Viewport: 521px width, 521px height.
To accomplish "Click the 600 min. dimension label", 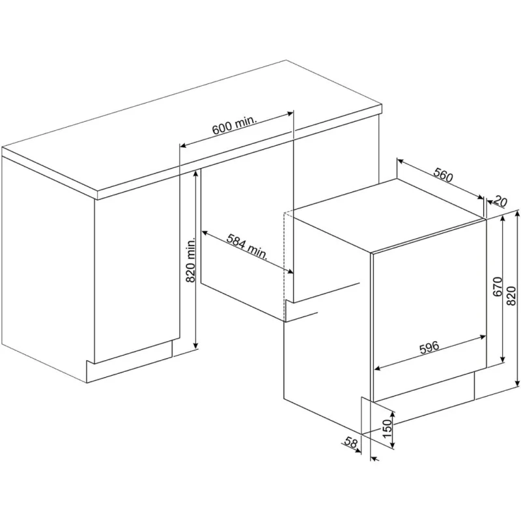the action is tap(235, 125).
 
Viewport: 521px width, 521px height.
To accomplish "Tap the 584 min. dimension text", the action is tap(247, 247).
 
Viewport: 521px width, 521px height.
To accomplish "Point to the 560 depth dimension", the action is tap(444, 175).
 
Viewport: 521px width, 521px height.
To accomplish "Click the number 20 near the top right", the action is tap(500, 201).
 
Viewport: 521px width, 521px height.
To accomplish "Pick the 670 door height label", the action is tap(497, 287).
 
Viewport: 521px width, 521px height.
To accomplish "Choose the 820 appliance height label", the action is tap(511, 296).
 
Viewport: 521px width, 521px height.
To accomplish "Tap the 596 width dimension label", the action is tap(429, 348).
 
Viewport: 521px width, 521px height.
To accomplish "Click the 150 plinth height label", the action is tap(387, 429).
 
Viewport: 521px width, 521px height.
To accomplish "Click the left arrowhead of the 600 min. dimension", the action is tap(182, 145).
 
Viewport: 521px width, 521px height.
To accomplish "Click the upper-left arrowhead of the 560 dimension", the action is tap(400, 161).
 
